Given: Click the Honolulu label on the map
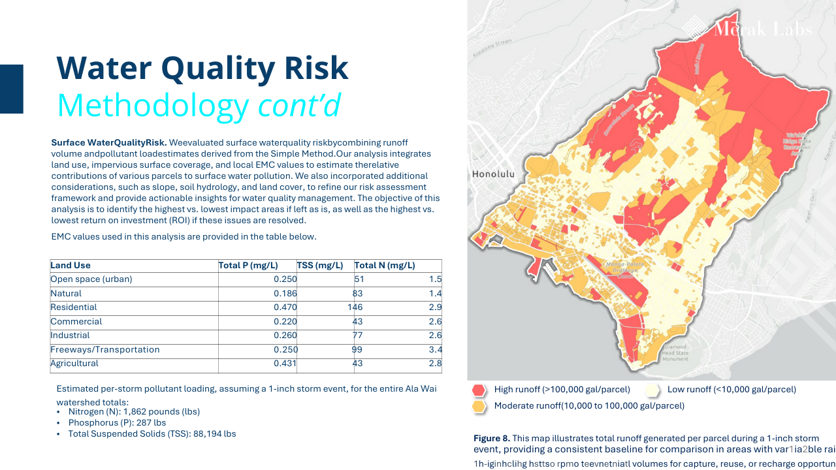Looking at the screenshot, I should pos(493,175).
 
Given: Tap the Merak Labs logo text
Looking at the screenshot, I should pos(762,29).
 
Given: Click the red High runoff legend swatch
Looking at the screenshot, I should pos(479,390).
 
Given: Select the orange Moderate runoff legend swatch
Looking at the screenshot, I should pos(479,406).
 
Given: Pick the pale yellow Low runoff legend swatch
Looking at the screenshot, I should pos(651,390).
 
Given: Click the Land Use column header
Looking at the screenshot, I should pos(71,266).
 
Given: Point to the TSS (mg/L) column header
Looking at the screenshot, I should pos(320,266).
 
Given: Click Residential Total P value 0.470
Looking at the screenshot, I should pos(285,307).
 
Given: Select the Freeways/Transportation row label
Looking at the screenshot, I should pos(105,350).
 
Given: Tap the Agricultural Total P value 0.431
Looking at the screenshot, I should pos(285,364).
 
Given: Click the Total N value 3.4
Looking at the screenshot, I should pos(436,350).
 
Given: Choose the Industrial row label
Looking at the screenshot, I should pos(70,336).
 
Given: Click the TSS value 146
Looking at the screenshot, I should pos(355,307).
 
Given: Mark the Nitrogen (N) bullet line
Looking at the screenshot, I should pos(134,412).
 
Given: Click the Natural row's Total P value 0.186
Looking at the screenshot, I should pos(285,294).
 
